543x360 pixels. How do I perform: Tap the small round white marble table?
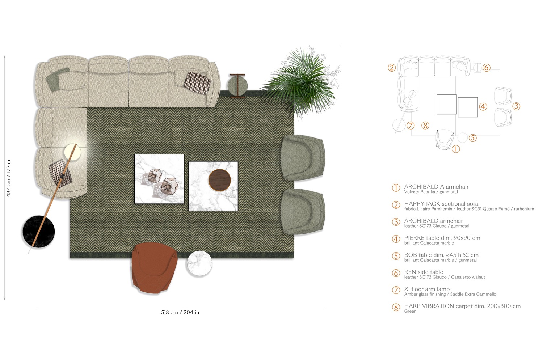point(199,263)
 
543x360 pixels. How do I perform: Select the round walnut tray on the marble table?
point(219,179)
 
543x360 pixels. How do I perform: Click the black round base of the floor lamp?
point(38,231)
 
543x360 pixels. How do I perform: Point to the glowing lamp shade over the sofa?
point(72,152)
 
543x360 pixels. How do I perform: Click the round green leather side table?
point(237,86)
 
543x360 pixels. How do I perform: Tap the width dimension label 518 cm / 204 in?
point(180,312)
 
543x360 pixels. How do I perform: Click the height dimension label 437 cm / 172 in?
point(9,178)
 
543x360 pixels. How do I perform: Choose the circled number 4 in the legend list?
point(396,239)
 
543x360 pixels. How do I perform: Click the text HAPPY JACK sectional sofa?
point(441,204)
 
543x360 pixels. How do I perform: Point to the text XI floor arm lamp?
point(427,289)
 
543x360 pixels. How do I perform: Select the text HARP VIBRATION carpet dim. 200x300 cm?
point(462,306)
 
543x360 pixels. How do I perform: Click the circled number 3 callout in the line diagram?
point(516,106)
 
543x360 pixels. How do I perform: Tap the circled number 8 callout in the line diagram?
point(425,126)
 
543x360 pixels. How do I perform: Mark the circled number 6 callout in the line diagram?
point(487,68)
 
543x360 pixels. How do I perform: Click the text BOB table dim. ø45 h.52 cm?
point(441,255)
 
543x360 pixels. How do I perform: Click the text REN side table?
point(424,272)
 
